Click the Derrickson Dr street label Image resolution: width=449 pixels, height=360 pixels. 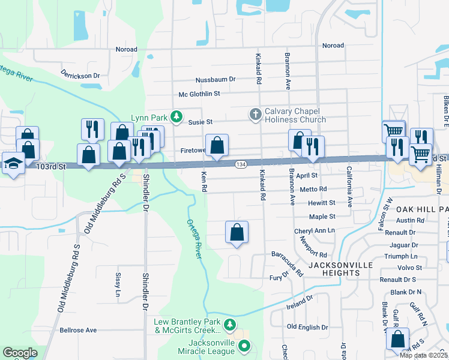(80, 76)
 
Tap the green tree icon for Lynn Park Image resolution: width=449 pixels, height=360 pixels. (176, 116)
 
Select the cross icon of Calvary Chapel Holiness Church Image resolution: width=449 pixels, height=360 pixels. (255, 114)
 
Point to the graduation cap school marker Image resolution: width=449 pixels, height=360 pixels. (13, 163)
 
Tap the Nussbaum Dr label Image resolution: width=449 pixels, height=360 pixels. (215, 79)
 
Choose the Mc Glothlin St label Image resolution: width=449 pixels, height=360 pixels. (200, 94)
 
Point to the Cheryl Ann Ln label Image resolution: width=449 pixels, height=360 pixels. (314, 231)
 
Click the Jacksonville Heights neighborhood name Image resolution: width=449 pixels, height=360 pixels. (340, 269)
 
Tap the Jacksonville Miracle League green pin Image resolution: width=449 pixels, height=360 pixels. (244, 346)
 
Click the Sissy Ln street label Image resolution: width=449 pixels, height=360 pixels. (118, 285)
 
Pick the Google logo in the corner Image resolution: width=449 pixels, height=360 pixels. (20, 353)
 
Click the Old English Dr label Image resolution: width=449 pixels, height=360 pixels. (307, 327)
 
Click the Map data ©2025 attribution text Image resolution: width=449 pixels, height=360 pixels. (423, 355)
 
